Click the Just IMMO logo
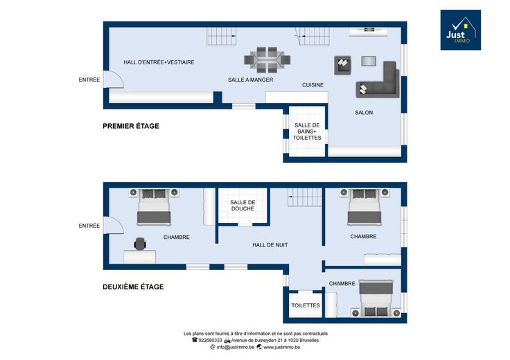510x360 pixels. pyautogui.click(x=461, y=30)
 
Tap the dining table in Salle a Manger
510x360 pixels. pyautogui.click(x=267, y=60)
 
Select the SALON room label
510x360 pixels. pyautogui.click(x=364, y=112)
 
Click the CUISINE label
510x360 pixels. pyautogui.click(x=313, y=84)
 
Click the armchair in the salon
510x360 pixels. pyautogui.click(x=342, y=65)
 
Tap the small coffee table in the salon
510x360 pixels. pyautogui.click(x=369, y=61)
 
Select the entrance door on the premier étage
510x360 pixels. pyautogui.click(x=114, y=80)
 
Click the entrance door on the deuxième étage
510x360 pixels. pyautogui.click(x=114, y=225)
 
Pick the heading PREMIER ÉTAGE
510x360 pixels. pyautogui.click(x=131, y=126)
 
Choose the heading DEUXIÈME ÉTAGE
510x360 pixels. pyautogui.click(x=133, y=287)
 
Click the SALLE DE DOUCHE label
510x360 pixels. pyautogui.click(x=243, y=206)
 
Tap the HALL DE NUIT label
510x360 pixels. pyautogui.click(x=270, y=245)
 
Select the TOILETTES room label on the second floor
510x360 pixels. pyautogui.click(x=306, y=305)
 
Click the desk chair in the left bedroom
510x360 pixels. pyautogui.click(x=140, y=244)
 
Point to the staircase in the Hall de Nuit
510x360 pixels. pyautogui.click(x=305, y=197)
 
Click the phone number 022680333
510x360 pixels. pyautogui.click(x=210, y=340)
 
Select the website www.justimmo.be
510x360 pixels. pyautogui.click(x=281, y=347)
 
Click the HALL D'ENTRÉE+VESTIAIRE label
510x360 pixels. pyautogui.click(x=159, y=62)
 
